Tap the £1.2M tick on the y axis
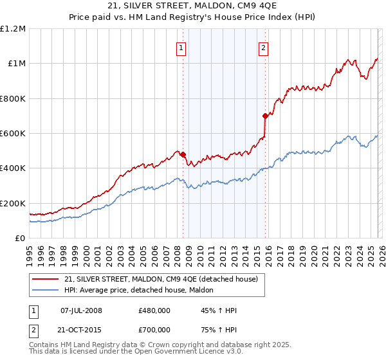pyautogui.click(x=13, y=28)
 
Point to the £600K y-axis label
pyautogui.click(x=13, y=133)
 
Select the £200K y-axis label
pyautogui.click(x=13, y=203)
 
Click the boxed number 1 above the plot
pyautogui.click(x=182, y=47)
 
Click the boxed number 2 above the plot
pyautogui.click(x=264, y=47)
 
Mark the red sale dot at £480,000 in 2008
pyautogui.click(x=183, y=154)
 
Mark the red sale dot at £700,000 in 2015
pyautogui.click(x=265, y=116)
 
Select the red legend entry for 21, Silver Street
pyautogui.click(x=161, y=279)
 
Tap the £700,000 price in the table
pyautogui.click(x=154, y=328)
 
